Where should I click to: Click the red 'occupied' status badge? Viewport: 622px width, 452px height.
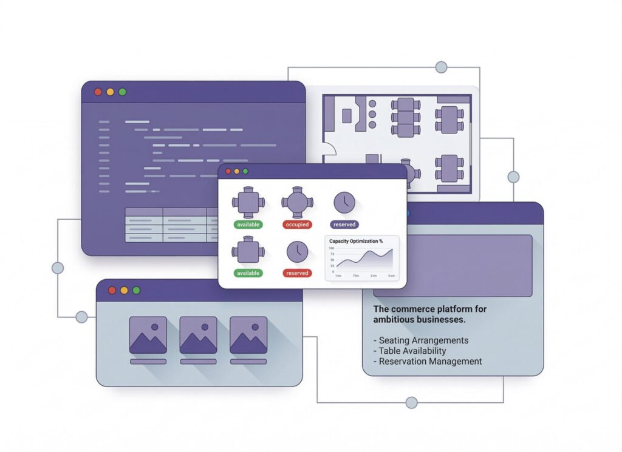pyautogui.click(x=297, y=224)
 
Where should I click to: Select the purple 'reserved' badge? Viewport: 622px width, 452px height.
pyautogui.click(x=344, y=224)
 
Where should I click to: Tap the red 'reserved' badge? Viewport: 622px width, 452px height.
pyautogui.click(x=297, y=273)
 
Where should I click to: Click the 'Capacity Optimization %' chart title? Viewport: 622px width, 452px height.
pyautogui.click(x=356, y=241)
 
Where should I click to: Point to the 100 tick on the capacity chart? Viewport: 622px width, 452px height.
pyautogui.click(x=332, y=248)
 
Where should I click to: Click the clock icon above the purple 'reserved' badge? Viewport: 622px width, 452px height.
pyautogui.click(x=344, y=202)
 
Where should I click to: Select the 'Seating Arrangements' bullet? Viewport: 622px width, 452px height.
pyautogui.click(x=421, y=340)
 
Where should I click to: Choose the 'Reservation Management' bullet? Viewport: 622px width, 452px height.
pyautogui.click(x=428, y=361)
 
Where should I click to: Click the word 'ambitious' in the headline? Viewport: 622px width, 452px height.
pyautogui.click(x=394, y=319)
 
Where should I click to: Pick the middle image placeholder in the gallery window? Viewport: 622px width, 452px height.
pyautogui.click(x=198, y=335)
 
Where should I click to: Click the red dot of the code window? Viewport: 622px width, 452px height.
pyautogui.click(x=98, y=92)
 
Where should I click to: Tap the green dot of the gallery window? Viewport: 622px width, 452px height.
pyautogui.click(x=136, y=290)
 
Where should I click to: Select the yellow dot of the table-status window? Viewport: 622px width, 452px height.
pyautogui.click(x=237, y=172)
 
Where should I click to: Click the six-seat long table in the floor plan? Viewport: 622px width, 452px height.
pyautogui.click(x=402, y=116)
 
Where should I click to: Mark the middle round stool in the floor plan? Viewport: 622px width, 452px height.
pyautogui.click(x=372, y=113)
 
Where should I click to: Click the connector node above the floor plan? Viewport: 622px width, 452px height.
pyautogui.click(x=442, y=67)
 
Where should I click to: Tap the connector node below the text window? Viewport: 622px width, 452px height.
pyautogui.click(x=411, y=402)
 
